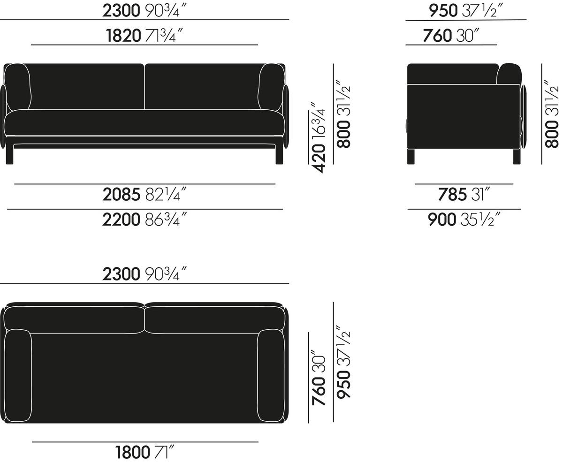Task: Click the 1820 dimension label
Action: click(123, 36)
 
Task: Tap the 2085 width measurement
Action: click(121, 195)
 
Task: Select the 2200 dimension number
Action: click(121, 220)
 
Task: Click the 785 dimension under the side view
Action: click(452, 195)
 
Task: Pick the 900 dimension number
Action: click(442, 220)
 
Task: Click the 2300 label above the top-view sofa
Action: click(121, 274)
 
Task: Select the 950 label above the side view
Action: click(443, 11)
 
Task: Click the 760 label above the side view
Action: click(438, 36)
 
